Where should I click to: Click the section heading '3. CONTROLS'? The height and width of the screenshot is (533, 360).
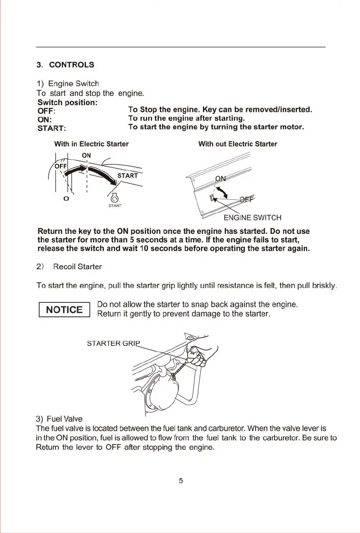click(65, 64)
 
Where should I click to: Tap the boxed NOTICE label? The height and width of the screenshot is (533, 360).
click(64, 309)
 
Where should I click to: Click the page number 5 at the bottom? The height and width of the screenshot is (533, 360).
click(180, 481)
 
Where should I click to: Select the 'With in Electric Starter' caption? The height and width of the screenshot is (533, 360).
click(91, 144)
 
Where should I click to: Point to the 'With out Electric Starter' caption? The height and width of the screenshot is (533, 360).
click(237, 144)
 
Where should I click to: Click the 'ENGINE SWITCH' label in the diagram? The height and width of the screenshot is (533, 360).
click(253, 218)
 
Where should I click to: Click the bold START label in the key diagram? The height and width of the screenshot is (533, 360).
click(128, 175)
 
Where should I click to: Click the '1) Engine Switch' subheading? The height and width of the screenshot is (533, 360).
click(67, 84)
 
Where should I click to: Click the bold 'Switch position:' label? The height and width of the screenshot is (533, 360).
click(67, 103)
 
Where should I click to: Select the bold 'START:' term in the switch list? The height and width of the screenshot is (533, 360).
click(51, 128)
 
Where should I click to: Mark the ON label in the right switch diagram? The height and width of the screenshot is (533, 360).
click(221, 179)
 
